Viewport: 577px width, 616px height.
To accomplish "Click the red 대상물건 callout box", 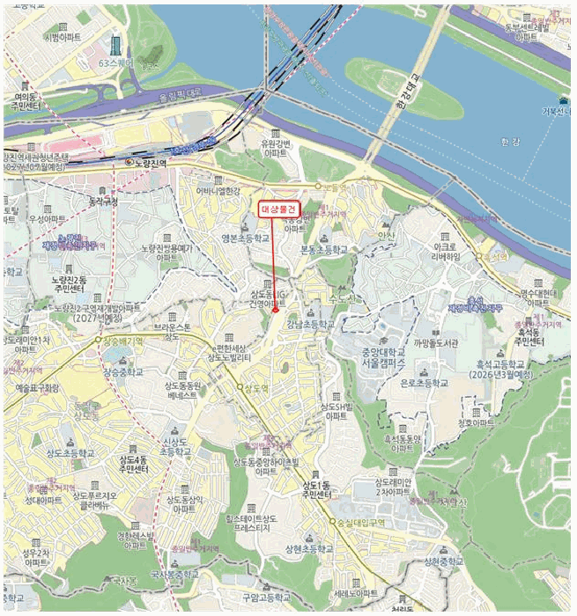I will pos(279,209).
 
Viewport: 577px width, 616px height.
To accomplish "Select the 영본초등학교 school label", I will pos(245,238).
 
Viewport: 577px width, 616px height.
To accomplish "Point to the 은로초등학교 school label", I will pos(424,384).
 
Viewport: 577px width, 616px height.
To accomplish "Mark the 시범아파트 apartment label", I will pos(60,38).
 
